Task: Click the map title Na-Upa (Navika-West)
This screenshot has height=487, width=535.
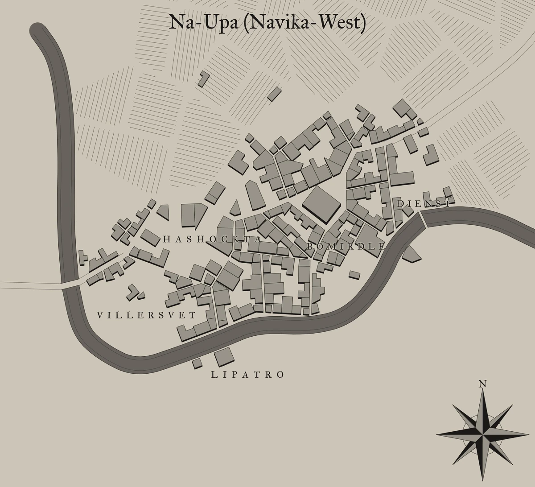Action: click(x=267, y=23)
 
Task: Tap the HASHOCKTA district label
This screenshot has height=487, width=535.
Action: click(x=212, y=239)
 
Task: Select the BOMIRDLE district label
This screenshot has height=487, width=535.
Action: click(x=346, y=246)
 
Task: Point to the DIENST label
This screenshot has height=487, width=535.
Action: click(x=424, y=204)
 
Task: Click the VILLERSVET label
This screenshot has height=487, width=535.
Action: click(x=146, y=315)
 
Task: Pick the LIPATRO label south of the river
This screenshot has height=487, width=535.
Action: click(x=247, y=375)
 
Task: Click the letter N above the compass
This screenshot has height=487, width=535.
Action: click(x=482, y=384)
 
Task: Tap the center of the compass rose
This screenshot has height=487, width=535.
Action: click(x=482, y=433)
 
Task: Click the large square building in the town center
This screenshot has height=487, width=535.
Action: click(x=321, y=204)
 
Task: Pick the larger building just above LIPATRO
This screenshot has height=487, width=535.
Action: click(x=224, y=356)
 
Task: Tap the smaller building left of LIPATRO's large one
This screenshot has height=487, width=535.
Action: click(x=197, y=363)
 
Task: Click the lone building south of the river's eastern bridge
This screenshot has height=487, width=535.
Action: click(x=411, y=254)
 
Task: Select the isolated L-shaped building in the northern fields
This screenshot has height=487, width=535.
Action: click(x=204, y=78)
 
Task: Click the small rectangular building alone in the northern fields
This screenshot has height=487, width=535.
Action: click(x=274, y=94)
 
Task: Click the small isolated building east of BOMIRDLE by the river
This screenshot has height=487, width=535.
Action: click(x=354, y=275)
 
